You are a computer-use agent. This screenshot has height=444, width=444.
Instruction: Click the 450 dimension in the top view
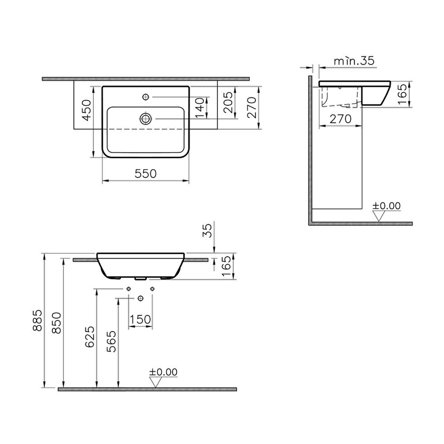click(x=87, y=110)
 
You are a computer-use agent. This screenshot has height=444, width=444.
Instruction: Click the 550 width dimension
click(x=146, y=173)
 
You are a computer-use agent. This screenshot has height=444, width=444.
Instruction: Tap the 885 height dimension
click(x=37, y=320)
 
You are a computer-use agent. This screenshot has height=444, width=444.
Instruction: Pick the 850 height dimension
click(x=57, y=323)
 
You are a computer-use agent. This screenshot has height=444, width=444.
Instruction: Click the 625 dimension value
click(x=90, y=337)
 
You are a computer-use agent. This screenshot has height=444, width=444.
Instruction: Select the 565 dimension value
click(x=111, y=342)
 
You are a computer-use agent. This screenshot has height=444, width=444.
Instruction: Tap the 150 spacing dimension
click(x=140, y=319)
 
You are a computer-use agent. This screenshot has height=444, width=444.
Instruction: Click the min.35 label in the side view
click(x=354, y=61)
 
